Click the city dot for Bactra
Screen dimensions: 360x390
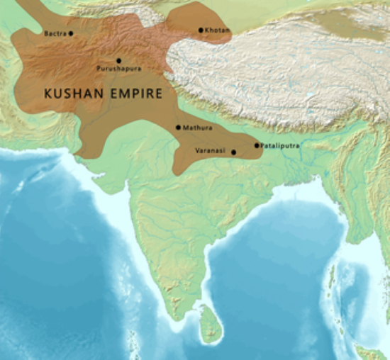[x=71, y=33]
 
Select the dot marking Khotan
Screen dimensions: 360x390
[x=201, y=30]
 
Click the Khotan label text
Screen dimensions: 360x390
[x=217, y=30]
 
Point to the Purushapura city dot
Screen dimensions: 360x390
[x=118, y=60]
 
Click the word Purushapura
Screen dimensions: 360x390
[x=118, y=69]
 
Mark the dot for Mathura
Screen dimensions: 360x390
[x=178, y=128]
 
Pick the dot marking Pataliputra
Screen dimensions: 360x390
[x=257, y=145]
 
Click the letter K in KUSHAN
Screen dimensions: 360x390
[x=48, y=93]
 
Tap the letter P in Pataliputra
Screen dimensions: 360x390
[x=263, y=145]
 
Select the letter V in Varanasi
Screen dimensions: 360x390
[x=196, y=151]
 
